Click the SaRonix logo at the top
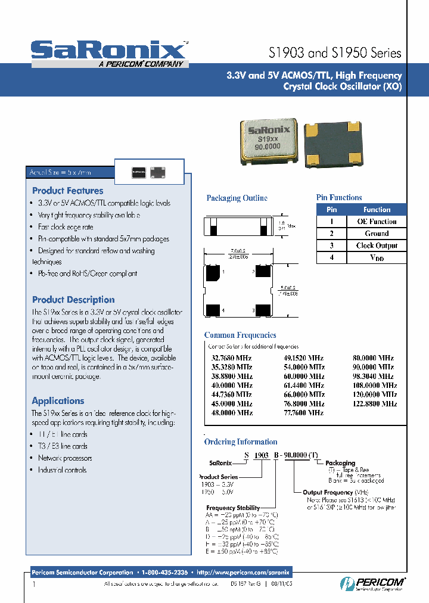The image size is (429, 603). point(109,51)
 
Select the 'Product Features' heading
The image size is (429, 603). point(67,191)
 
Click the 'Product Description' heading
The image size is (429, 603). point(73,300)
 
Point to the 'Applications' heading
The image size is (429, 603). point(58,401)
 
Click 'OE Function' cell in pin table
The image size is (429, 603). point(377,221)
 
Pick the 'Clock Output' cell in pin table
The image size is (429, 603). point(377,245)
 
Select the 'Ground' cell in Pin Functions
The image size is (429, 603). point(377,234)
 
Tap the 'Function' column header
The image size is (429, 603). point(377,210)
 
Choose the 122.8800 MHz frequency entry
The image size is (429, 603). point(374,403)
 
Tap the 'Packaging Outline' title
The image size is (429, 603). point(237,198)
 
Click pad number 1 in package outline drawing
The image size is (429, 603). point(213,273)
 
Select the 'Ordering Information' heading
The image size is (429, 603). point(241,442)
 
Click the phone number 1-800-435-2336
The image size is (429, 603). point(164,571)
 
